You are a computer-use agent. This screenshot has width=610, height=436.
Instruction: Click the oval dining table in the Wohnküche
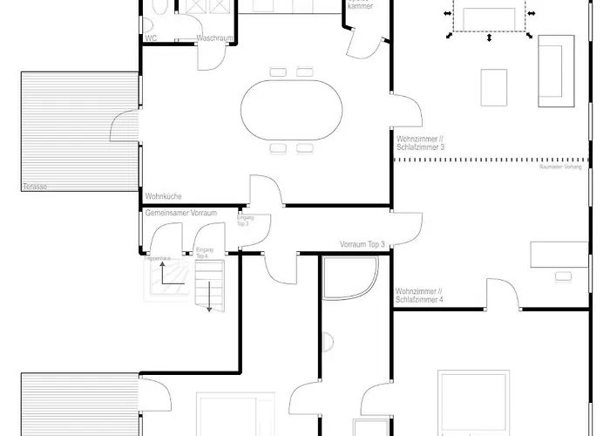click(292, 110)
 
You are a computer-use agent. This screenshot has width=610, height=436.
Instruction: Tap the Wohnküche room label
click(163, 197)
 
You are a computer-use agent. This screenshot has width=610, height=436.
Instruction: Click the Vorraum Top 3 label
click(362, 245)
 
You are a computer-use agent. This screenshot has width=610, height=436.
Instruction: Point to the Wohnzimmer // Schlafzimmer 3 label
click(419, 143)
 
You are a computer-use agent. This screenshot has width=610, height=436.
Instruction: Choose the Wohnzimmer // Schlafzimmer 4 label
click(419, 295)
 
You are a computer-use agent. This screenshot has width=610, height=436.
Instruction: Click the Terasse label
click(35, 187)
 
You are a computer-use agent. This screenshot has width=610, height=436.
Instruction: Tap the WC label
click(151, 38)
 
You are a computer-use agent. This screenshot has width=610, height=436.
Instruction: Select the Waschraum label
click(213, 38)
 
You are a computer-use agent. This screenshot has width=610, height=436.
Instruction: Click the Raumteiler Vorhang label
click(560, 166)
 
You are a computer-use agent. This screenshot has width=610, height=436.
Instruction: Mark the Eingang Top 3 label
click(242, 221)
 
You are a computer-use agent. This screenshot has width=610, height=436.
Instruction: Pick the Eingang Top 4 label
click(204, 253)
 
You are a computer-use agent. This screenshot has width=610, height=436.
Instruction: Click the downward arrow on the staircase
click(208, 296)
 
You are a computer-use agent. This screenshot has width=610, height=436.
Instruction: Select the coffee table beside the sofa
click(494, 87)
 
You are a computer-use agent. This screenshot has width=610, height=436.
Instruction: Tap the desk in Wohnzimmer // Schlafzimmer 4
click(559, 254)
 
